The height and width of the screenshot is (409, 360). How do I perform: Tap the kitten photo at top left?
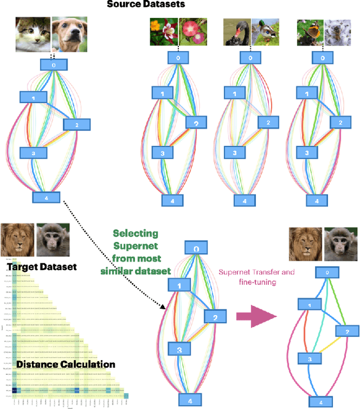(x=33, y=33)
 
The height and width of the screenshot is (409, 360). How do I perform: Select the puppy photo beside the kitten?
(x=68, y=33)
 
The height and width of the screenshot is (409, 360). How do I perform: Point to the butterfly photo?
(x=308, y=32)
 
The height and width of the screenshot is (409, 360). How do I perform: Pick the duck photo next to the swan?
(x=264, y=33)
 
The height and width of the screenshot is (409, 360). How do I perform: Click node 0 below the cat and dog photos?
(x=53, y=65)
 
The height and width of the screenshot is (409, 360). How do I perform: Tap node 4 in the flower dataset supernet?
(x=173, y=200)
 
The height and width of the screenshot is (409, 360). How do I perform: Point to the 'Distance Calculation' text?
(x=66, y=364)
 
